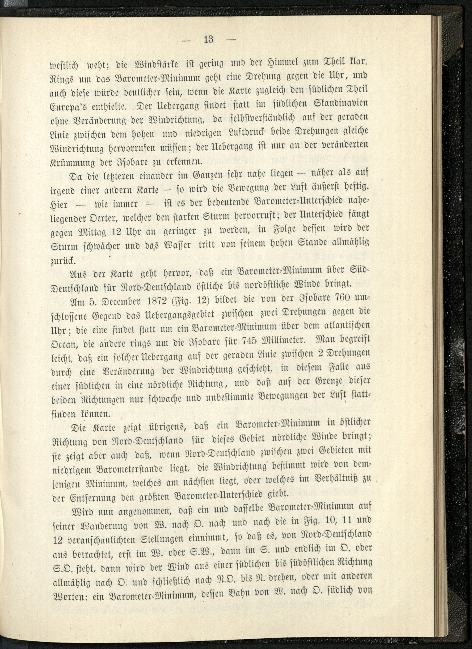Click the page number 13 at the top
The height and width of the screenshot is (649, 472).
pos(209,39)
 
